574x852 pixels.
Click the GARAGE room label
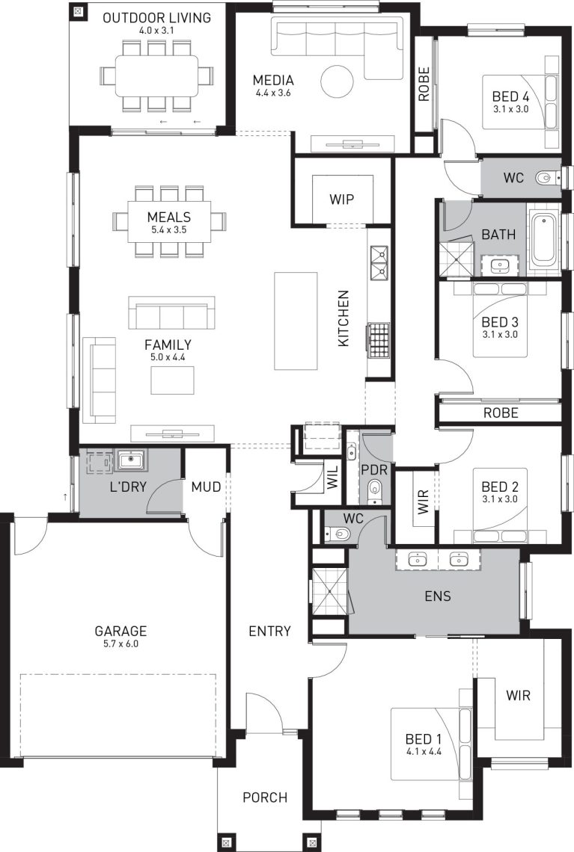pyautogui.click(x=120, y=631)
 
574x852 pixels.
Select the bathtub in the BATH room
pyautogui.click(x=544, y=240)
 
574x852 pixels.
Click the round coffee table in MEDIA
pyautogui.click(x=337, y=81)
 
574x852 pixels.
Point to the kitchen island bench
pyautogui.click(x=296, y=321)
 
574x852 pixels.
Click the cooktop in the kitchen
pyautogui.click(x=379, y=341)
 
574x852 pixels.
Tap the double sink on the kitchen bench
pyautogui.click(x=379, y=262)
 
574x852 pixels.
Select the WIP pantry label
pyautogui.click(x=342, y=199)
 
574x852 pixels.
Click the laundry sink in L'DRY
pyautogui.click(x=130, y=460)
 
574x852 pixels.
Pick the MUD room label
pyautogui.click(x=207, y=487)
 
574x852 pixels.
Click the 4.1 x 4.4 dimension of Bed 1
pyautogui.click(x=424, y=752)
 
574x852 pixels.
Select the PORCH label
pyautogui.click(x=265, y=797)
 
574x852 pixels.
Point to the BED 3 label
pyautogui.click(x=500, y=321)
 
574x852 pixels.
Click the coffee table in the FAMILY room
pyautogui.click(x=172, y=380)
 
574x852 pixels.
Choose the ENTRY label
pyautogui.click(x=269, y=631)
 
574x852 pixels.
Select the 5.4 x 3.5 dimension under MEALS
pyautogui.click(x=168, y=230)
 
